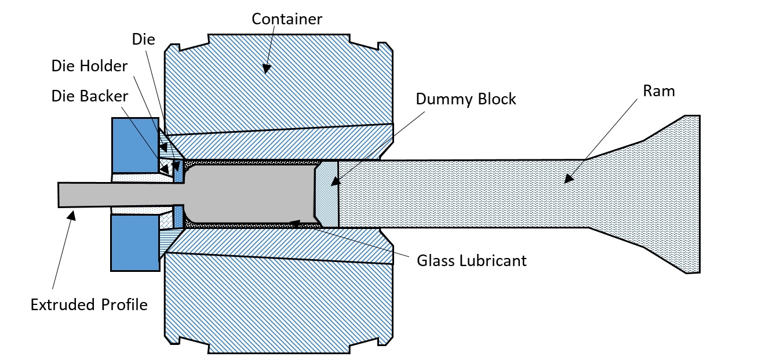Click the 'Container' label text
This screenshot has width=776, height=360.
click(286, 19)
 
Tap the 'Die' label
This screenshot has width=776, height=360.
click(143, 39)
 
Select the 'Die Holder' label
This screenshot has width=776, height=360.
click(89, 66)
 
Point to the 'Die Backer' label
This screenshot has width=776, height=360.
click(90, 96)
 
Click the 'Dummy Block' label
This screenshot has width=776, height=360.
click(465, 99)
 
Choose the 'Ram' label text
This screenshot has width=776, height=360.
click(659, 91)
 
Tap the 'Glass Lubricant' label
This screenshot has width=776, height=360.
click(471, 260)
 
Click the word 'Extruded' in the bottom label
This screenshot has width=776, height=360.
click(63, 305)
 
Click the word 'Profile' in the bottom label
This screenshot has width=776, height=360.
click(125, 305)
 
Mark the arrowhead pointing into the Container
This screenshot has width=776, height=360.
click(265, 68)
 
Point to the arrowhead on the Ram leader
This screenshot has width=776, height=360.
click(569, 179)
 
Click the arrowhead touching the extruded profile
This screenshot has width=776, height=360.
click(71, 216)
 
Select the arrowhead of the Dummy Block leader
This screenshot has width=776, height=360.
click(335, 181)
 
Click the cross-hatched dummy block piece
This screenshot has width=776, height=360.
click(326, 194)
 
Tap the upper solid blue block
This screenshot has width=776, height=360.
click(135, 146)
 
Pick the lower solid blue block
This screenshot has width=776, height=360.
click(135, 242)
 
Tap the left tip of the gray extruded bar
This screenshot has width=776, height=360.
click(59, 195)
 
